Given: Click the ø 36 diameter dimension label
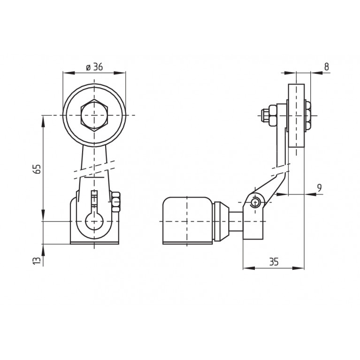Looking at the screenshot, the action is pos(94,67).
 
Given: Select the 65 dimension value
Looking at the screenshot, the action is pos(38,169).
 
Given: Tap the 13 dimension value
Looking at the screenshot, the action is pos(37,261).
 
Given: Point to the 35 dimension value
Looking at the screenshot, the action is pos(274,262).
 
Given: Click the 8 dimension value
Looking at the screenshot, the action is pos(327,67).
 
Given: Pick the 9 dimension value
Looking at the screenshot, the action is pos(319,188).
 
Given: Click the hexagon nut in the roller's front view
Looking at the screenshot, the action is pos(94,115).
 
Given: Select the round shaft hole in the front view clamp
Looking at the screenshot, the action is pos(94,221).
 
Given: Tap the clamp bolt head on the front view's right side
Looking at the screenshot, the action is pos(116,201).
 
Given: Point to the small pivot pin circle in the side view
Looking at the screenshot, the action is pos(255,202).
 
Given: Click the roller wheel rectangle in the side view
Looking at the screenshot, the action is pos(297,116).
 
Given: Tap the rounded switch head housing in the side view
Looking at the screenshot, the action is pos(188,221).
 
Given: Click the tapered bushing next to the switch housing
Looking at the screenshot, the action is pos(222,222).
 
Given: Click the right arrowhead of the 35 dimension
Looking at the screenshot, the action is pos(298,268).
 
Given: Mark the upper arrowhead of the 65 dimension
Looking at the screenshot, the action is pos(43,121).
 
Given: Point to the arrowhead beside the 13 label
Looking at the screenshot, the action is pos(43,250).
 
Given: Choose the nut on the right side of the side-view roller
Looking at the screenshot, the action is pos(307,116).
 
